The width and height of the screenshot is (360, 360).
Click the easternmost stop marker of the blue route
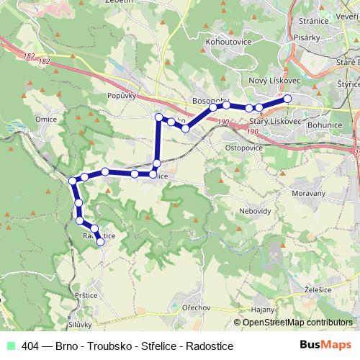click(287, 98)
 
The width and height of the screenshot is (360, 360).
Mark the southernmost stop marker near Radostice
click(101, 242)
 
